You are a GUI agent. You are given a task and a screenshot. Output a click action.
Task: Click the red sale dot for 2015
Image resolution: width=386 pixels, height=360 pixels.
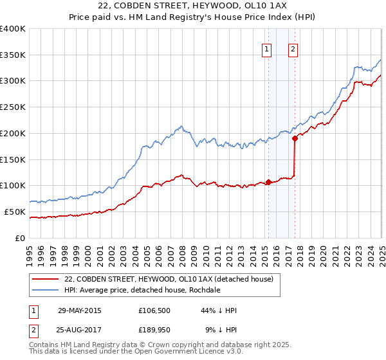coord(268,182)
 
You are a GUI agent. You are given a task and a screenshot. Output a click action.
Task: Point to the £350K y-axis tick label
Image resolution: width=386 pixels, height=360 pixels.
coord(13,55)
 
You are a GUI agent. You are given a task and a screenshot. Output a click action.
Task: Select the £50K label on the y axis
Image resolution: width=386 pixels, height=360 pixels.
coord(15,212)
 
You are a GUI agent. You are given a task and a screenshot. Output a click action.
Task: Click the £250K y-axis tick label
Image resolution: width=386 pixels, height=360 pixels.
coord(13,107)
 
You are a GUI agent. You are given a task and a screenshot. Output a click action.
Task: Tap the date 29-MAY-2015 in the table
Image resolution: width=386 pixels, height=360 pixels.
coord(79,310)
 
